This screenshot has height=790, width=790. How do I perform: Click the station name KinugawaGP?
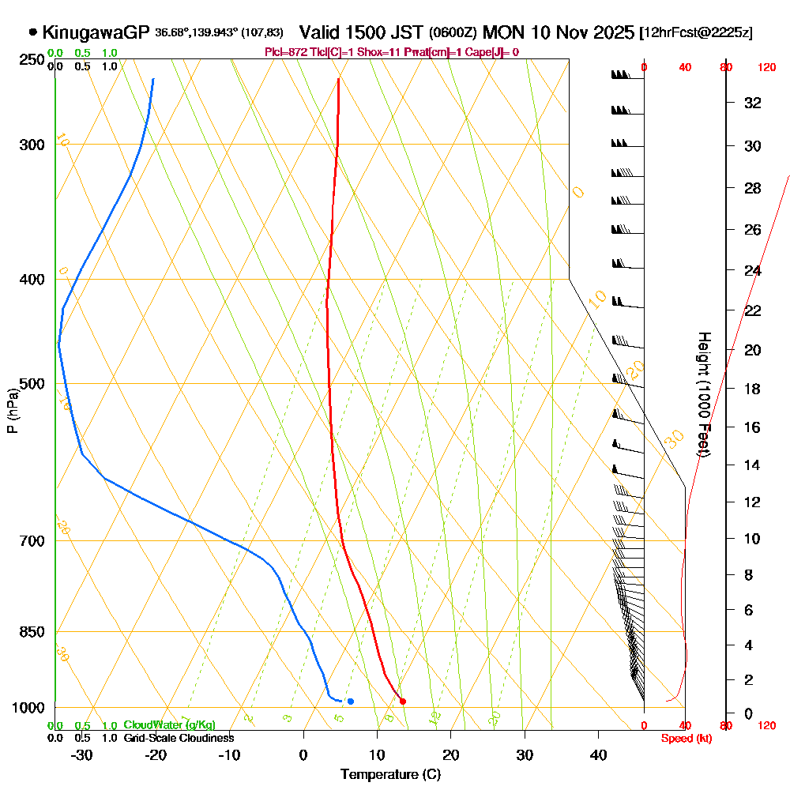pyautogui.click(x=96, y=32)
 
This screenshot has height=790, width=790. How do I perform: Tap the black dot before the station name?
pyautogui.click(x=32, y=32)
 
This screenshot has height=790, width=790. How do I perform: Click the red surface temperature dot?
pyautogui.click(x=403, y=701)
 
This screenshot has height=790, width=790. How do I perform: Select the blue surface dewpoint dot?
pyautogui.click(x=351, y=701)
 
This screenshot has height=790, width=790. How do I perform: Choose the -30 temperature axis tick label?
pyautogui.click(x=82, y=754)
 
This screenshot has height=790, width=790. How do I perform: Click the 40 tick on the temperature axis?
pyautogui.click(x=598, y=754)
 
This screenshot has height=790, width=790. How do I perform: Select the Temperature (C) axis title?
pyautogui.click(x=390, y=775)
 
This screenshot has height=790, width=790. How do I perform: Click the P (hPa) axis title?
pyautogui.click(x=12, y=411)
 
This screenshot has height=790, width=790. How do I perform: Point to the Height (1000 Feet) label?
pyautogui.click(x=702, y=395)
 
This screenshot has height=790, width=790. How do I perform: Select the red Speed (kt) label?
pyautogui.click(x=685, y=738)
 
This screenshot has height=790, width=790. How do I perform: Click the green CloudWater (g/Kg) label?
pyautogui.click(x=169, y=725)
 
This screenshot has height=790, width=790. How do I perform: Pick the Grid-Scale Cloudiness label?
pyautogui.click(x=178, y=738)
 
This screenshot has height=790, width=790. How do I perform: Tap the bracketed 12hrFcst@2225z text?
pyautogui.click(x=698, y=33)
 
